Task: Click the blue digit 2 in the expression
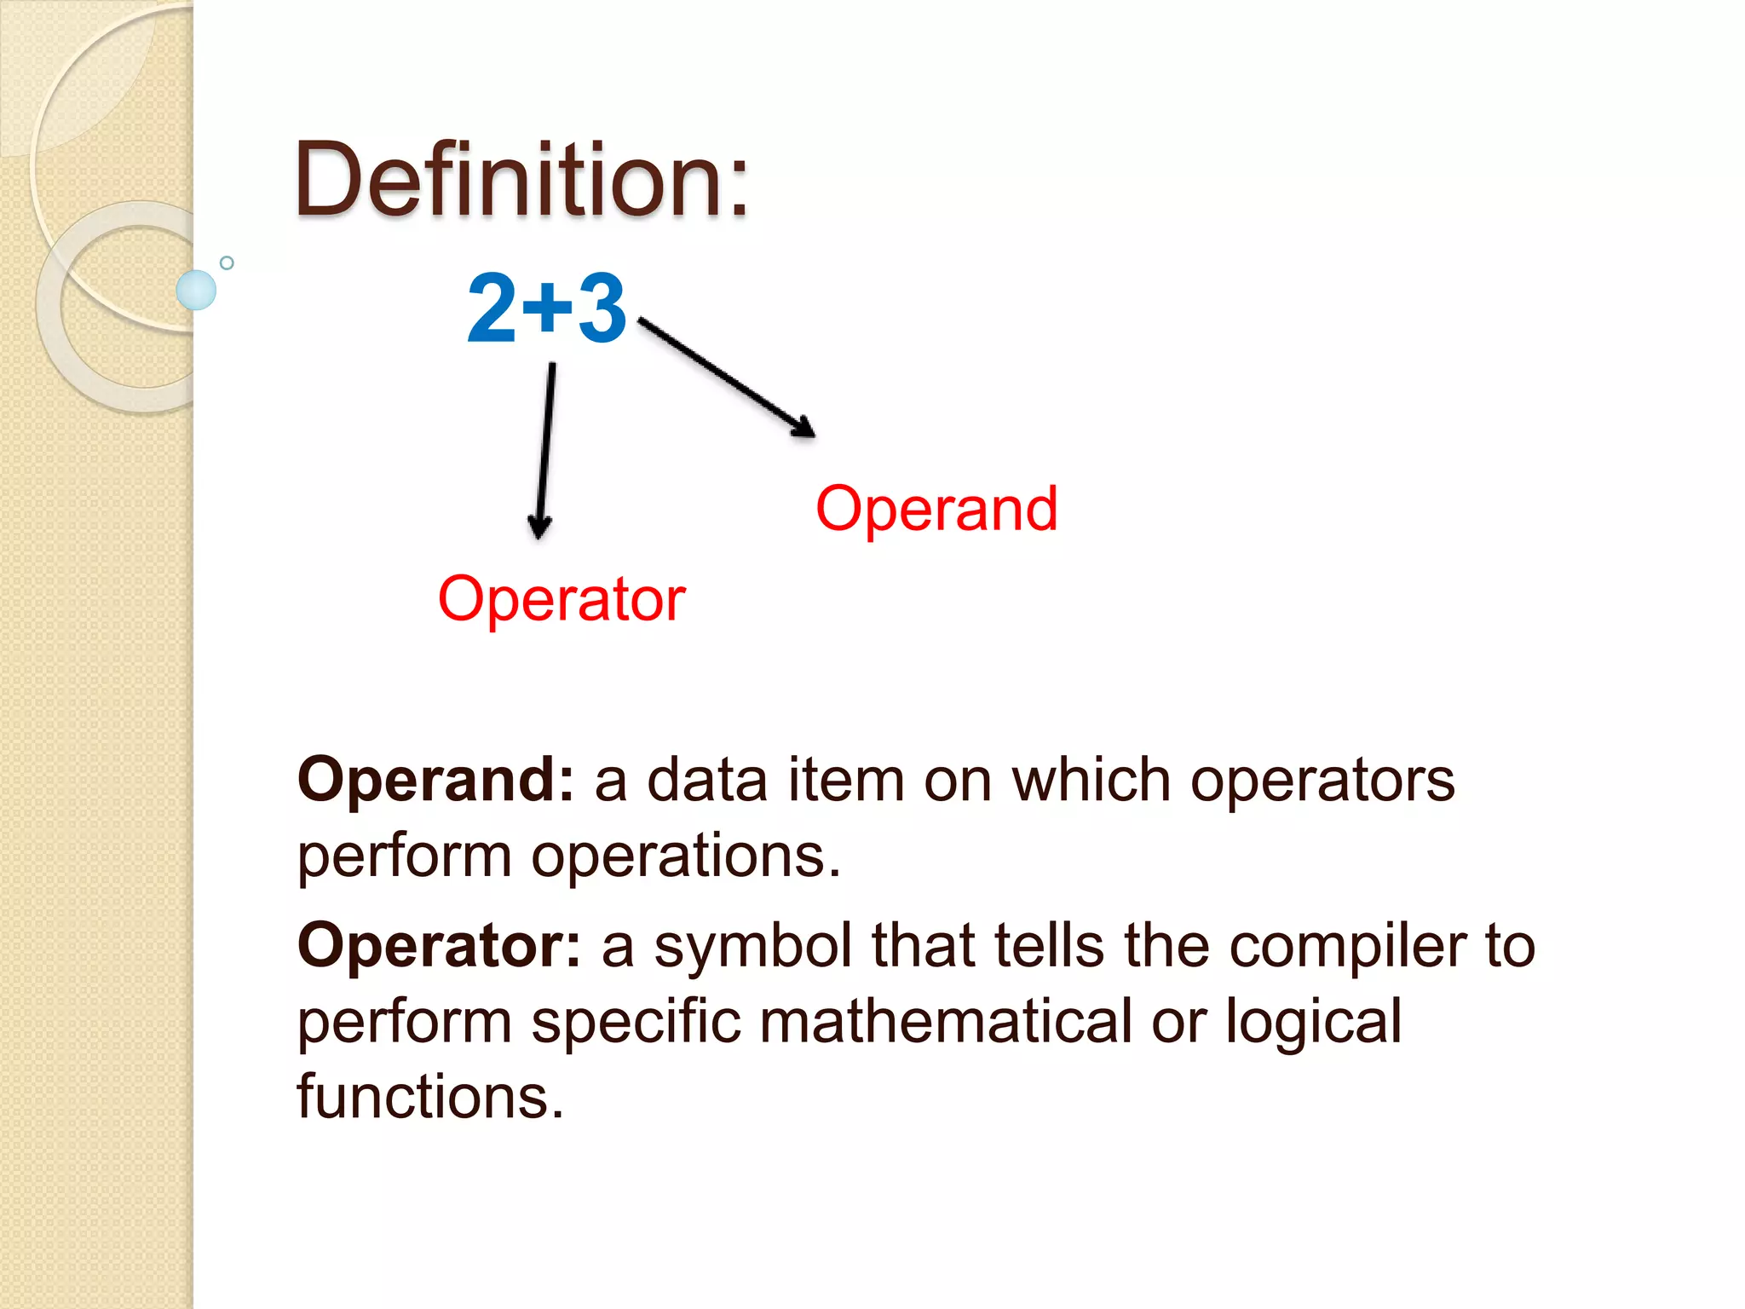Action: (492, 309)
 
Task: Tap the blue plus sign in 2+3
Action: (547, 307)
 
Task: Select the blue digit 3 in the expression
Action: (602, 309)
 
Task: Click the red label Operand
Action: (936, 509)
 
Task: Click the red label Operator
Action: (562, 599)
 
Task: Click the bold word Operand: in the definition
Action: (435, 779)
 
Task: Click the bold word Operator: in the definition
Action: (439, 945)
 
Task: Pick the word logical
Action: (1313, 1023)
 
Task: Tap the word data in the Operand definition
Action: (707, 779)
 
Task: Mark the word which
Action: (1091, 779)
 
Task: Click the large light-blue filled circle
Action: (196, 290)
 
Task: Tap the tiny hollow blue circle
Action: (227, 262)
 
